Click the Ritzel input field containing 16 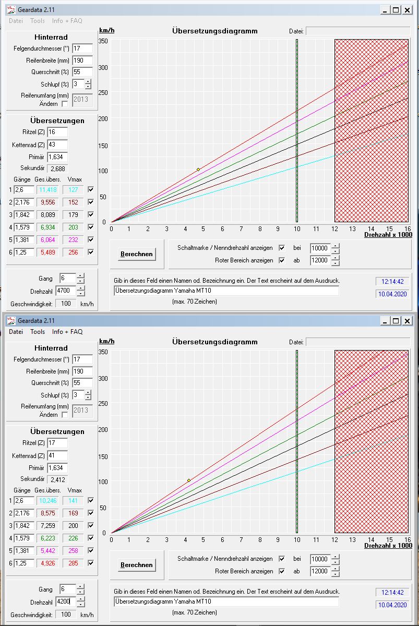(57, 132)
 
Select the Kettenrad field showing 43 (57, 145)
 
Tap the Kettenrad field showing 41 (57, 455)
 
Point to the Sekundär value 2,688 (57, 168)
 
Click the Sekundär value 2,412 (57, 479)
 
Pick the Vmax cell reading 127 (73, 190)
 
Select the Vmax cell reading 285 (73, 563)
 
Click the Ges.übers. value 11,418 (47, 190)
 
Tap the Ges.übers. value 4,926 (47, 563)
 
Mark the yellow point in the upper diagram (198, 170)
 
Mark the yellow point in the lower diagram (189, 480)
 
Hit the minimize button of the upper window (385, 10)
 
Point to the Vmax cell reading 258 (73, 551)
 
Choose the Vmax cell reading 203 (73, 227)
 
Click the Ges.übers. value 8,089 (47, 215)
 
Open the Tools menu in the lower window (38, 332)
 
